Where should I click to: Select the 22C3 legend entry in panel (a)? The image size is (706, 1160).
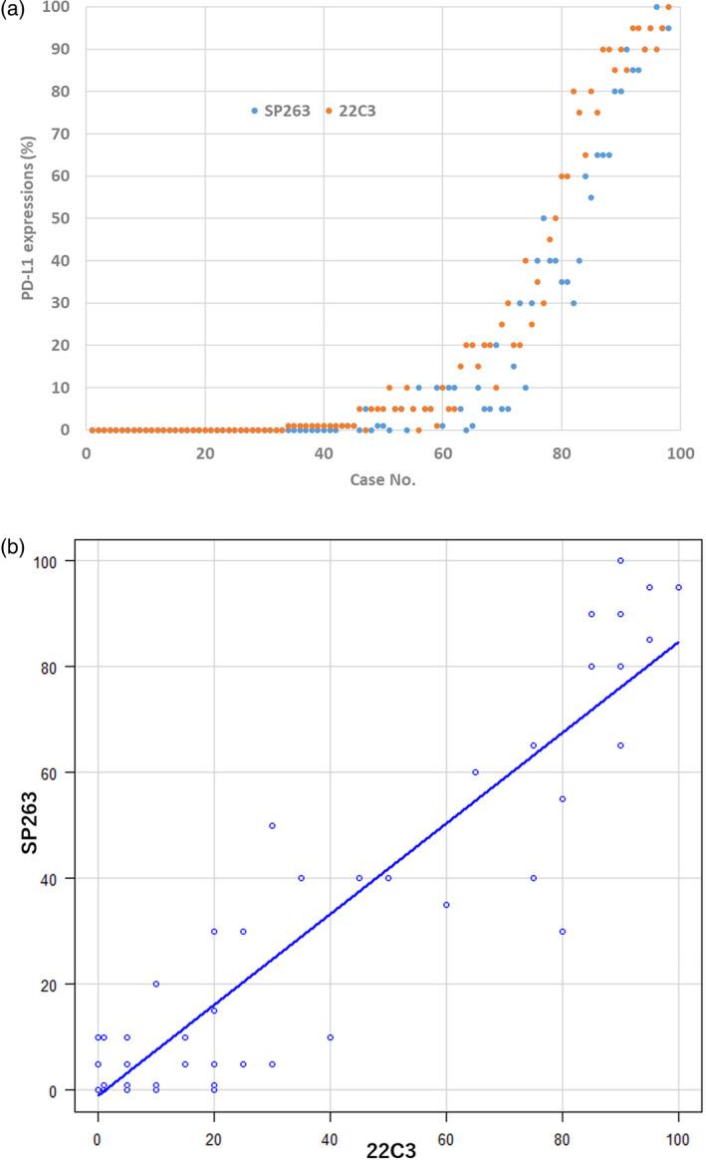(356, 111)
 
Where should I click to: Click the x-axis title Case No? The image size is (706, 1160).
(382, 480)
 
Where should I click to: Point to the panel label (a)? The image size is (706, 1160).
(13, 8)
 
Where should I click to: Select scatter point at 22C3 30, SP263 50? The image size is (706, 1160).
(272, 825)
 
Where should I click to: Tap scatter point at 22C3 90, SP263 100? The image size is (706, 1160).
(620, 561)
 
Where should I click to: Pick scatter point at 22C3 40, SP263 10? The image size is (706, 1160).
(330, 1037)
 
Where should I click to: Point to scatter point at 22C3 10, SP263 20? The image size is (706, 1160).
(155, 984)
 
